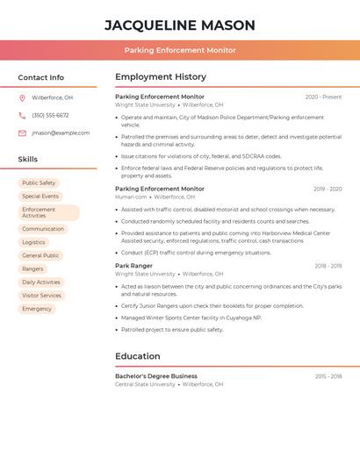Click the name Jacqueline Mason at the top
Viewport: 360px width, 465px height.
pyautogui.click(x=180, y=25)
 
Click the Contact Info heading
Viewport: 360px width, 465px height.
pyautogui.click(x=40, y=77)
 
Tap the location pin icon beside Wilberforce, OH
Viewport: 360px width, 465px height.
pyautogui.click(x=22, y=98)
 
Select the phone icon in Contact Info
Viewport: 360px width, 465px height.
pyautogui.click(x=22, y=116)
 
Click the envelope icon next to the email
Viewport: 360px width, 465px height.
pyautogui.click(x=22, y=133)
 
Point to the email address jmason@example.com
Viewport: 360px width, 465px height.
pyautogui.click(x=61, y=133)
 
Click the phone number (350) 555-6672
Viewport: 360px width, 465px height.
pyautogui.click(x=50, y=116)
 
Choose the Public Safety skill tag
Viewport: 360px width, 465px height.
pyautogui.click(x=39, y=183)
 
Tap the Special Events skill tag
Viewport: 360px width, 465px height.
pyautogui.click(x=40, y=197)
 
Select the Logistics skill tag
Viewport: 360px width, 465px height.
pyautogui.click(x=33, y=242)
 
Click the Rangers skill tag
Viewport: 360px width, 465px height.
pyautogui.click(x=32, y=268)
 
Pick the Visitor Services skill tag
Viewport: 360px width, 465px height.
pyautogui.click(x=41, y=296)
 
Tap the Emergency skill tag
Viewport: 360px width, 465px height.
pyautogui.click(x=37, y=309)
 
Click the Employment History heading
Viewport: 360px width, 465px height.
pyautogui.click(x=161, y=77)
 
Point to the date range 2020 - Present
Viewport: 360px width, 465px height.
pyautogui.click(x=323, y=97)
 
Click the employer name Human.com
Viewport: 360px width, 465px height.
pyautogui.click(x=131, y=197)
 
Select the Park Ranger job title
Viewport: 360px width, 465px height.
pyautogui.click(x=133, y=266)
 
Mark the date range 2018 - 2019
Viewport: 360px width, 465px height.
pyautogui.click(x=328, y=266)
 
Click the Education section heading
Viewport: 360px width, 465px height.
pyautogui.click(x=138, y=356)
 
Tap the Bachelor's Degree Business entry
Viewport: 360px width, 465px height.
pyautogui.click(x=156, y=376)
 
